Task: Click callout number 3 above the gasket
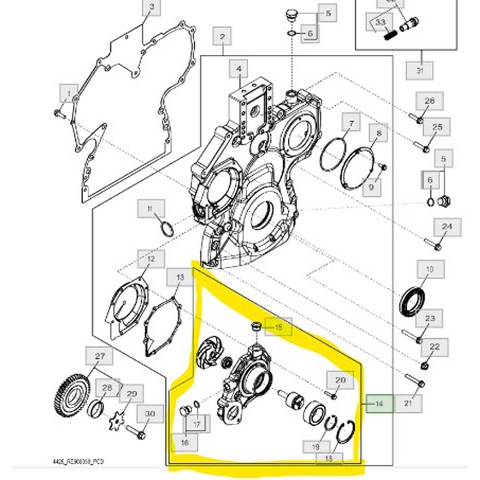152,9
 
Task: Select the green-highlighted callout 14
378,404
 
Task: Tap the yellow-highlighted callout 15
278,328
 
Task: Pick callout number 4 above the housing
239,69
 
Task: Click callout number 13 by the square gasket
180,278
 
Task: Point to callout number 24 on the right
446,227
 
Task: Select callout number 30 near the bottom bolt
149,413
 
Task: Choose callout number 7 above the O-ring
351,123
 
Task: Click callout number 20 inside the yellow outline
340,380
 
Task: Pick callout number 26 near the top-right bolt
429,101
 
